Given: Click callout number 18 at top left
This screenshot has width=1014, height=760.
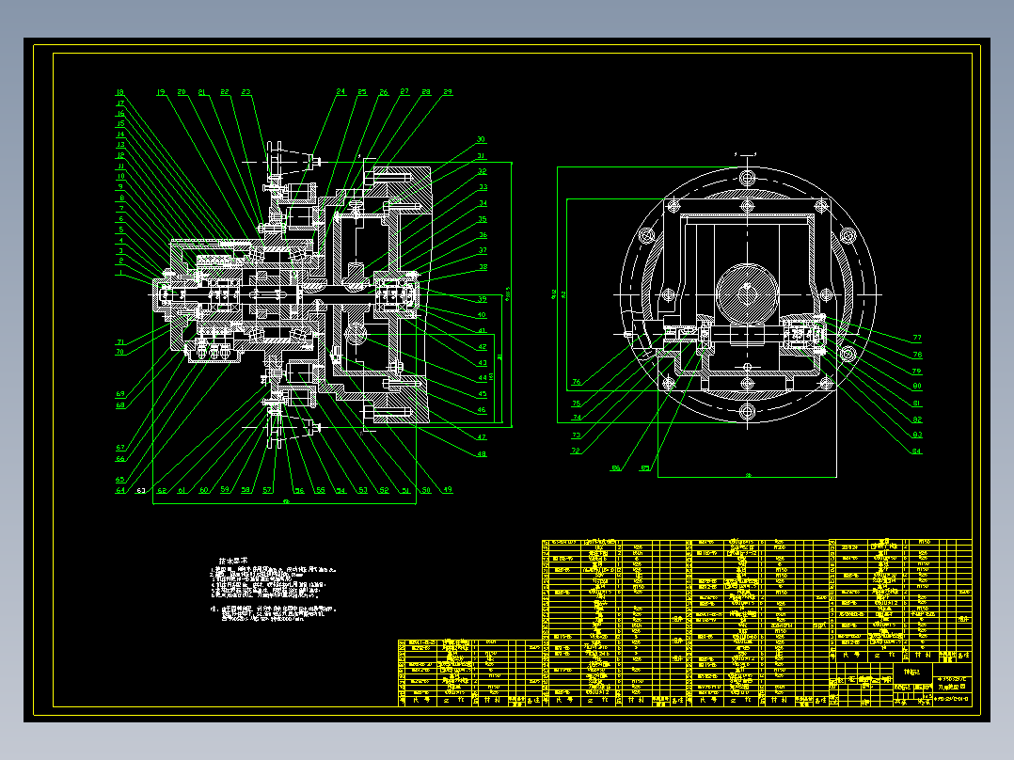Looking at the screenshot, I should tap(119, 92).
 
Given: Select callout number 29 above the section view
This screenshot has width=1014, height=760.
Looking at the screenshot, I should tap(448, 92).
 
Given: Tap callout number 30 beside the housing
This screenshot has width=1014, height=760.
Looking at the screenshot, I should tap(481, 140).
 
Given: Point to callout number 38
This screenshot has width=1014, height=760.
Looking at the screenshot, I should tap(483, 267).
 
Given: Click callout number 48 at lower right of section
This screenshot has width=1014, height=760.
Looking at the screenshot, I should tap(482, 453).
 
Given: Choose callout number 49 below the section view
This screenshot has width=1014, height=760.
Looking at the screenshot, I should tap(448, 490).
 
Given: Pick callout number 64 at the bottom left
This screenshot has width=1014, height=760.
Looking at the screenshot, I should tap(120, 490).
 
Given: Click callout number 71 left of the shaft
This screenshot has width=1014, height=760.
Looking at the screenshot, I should tap(120, 342).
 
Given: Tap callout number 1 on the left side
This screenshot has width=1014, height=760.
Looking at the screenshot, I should tap(120, 275).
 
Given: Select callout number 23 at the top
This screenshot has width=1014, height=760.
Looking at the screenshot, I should tap(246, 92).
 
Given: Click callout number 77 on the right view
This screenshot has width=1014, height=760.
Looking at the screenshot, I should tap(917, 338).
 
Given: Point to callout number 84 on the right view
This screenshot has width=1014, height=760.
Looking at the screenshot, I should tap(917, 451).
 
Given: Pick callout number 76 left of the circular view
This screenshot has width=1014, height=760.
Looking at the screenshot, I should tap(576, 382).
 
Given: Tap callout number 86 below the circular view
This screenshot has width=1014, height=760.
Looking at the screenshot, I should tap(617, 467).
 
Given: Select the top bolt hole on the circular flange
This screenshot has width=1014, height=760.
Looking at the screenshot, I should tap(748, 178).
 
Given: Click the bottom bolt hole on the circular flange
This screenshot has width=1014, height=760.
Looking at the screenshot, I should tap(748, 411).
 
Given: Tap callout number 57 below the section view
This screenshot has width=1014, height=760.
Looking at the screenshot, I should tap(267, 490).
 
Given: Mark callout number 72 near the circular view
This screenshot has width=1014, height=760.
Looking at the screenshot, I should tap(576, 451).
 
